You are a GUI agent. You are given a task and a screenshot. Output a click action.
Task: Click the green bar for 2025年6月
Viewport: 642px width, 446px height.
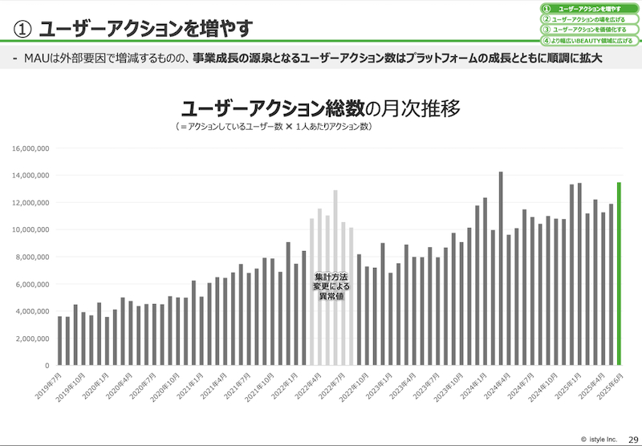(x=619, y=273)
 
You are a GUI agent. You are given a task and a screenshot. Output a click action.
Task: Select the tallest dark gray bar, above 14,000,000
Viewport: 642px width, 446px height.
(x=501, y=268)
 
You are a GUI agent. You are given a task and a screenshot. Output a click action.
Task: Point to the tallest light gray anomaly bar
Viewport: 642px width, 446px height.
(x=335, y=277)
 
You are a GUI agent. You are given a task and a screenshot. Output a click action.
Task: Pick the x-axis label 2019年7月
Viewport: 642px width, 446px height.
(x=51, y=386)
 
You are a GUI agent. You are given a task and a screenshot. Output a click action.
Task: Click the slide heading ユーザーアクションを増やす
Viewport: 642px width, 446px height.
(x=145, y=28)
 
